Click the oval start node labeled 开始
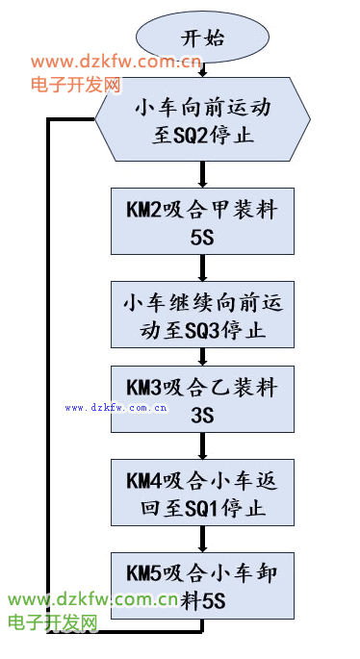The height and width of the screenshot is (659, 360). tap(202, 38)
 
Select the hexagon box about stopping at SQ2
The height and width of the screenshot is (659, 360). tap(202, 121)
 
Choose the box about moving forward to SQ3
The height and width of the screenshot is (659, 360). tap(202, 316)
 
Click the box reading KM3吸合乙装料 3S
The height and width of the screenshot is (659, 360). tap(202, 400)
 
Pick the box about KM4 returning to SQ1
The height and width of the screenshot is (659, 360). tap(202, 493)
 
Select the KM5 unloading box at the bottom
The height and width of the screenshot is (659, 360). tap(202, 585)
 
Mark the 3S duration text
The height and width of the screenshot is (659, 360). tap(202, 416)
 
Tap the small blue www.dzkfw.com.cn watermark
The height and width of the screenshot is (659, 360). tap(116, 408)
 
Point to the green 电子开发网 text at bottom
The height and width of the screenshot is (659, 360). tap(53, 622)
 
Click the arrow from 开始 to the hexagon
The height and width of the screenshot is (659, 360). tap(202, 71)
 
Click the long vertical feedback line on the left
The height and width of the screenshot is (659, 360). tap(49, 385)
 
